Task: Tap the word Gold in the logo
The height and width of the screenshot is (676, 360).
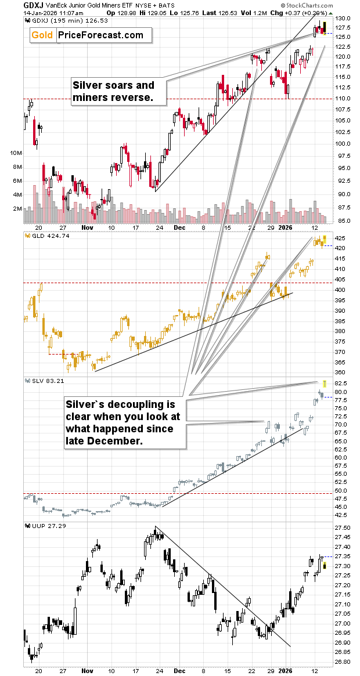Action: (x=42, y=35)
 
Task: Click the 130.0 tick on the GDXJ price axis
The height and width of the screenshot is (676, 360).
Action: (x=344, y=19)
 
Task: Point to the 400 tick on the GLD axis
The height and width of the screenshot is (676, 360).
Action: (x=341, y=290)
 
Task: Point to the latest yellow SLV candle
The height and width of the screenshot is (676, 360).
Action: (x=325, y=383)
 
